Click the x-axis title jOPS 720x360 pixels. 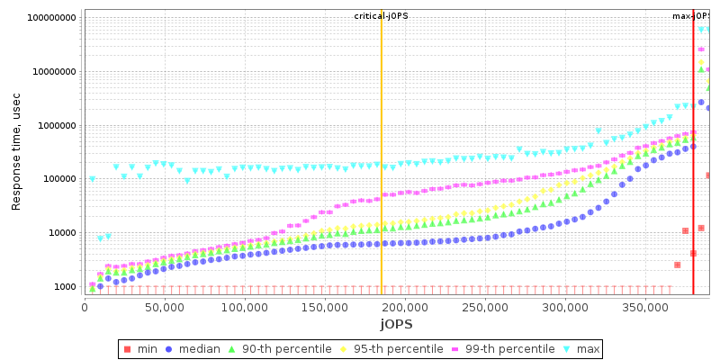tap(396, 323)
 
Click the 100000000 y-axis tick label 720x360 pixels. tap(52, 18)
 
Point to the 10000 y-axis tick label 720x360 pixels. tap(62, 233)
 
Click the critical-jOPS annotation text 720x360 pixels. tap(381, 16)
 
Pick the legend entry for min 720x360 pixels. tap(141, 349)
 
